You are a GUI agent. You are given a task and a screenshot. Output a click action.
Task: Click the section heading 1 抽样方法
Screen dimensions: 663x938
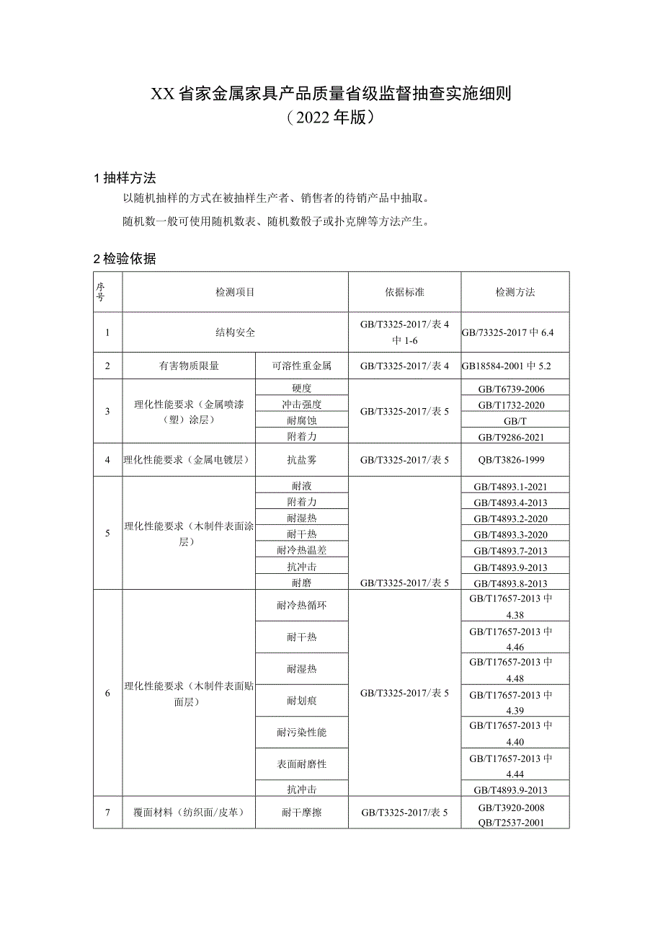tap(125, 178)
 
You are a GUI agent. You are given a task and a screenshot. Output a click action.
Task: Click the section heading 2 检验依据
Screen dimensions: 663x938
tap(125, 260)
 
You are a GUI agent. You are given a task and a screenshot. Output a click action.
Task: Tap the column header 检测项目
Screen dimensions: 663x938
tap(235, 292)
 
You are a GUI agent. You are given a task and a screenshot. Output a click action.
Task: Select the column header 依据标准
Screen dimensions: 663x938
tap(404, 292)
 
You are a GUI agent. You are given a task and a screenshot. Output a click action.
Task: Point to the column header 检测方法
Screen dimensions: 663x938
tap(515, 292)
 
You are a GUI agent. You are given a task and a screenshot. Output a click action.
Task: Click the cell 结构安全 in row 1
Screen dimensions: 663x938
tap(235, 332)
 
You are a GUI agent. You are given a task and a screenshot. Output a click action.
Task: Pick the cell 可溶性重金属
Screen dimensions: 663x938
tap(302, 366)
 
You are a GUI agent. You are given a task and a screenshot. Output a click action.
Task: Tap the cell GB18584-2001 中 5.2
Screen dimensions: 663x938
tap(515, 366)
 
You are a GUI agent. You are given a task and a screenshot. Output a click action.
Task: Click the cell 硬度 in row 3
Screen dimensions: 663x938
tap(302, 389)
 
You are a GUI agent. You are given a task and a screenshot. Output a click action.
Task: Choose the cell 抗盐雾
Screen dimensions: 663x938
tap(302, 459)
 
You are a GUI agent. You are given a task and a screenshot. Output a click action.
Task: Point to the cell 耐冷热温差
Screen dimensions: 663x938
tap(302, 550)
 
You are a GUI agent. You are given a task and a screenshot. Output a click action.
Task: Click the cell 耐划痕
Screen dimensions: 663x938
tap(302, 701)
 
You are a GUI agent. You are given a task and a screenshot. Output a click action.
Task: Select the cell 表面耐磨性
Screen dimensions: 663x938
tap(302, 764)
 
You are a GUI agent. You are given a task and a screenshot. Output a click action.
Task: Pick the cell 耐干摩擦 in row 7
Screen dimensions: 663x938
tap(302, 813)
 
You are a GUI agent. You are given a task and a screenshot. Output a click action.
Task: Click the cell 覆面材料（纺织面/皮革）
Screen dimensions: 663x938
tap(189, 813)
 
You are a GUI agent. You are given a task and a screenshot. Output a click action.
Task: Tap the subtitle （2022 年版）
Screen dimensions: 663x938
tap(331, 117)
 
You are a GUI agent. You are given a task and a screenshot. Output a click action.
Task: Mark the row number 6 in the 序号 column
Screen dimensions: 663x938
tap(107, 693)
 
